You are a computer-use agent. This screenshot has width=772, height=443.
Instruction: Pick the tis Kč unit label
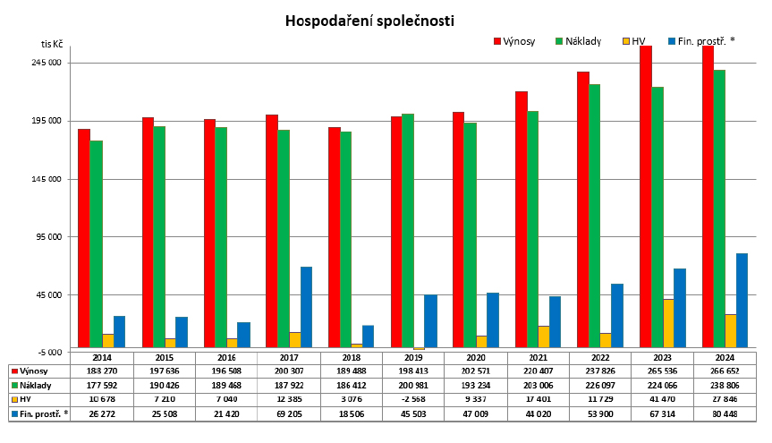tap(52, 44)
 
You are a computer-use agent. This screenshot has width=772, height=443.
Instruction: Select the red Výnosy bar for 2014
tap(84, 237)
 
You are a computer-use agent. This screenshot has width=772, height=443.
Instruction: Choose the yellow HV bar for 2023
tap(668, 323)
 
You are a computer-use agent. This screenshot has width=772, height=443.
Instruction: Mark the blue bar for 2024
tap(742, 300)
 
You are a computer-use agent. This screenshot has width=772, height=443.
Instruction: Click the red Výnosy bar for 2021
tap(521, 219)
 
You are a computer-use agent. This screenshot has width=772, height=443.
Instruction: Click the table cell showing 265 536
tap(663, 371)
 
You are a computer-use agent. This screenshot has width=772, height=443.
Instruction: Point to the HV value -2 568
tap(414, 400)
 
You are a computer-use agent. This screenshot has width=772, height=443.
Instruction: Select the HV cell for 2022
tap(600, 400)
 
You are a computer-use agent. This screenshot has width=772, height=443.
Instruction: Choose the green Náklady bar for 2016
tap(220, 237)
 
